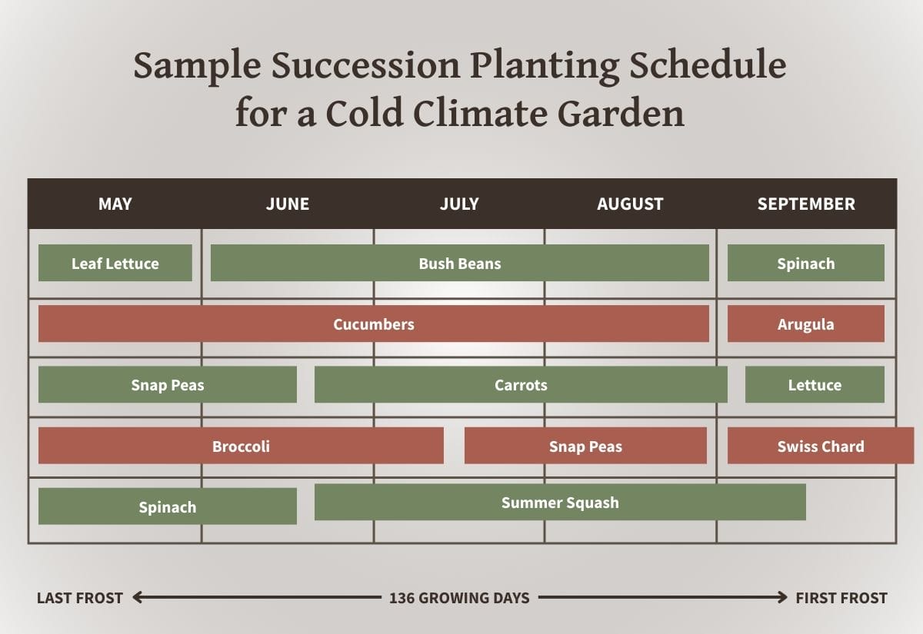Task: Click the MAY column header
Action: tap(115, 204)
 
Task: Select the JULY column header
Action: tap(459, 204)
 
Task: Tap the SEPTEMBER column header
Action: tap(805, 204)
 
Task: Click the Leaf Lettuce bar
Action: tap(115, 264)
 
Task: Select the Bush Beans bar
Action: tap(459, 264)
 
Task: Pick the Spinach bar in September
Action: tap(805, 264)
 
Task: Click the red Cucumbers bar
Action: tap(373, 324)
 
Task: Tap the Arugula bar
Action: tap(805, 324)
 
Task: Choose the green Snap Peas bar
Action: tap(167, 385)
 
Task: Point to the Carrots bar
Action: tap(521, 385)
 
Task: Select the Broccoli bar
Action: tap(241, 446)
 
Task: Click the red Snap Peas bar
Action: tap(585, 446)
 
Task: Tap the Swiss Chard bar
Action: tap(820, 446)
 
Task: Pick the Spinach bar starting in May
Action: tap(167, 507)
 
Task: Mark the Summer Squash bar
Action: tap(560, 503)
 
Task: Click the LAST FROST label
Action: tap(79, 598)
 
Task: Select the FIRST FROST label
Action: tap(841, 598)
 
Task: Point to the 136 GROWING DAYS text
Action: tap(459, 598)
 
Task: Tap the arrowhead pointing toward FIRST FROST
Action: tap(782, 597)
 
